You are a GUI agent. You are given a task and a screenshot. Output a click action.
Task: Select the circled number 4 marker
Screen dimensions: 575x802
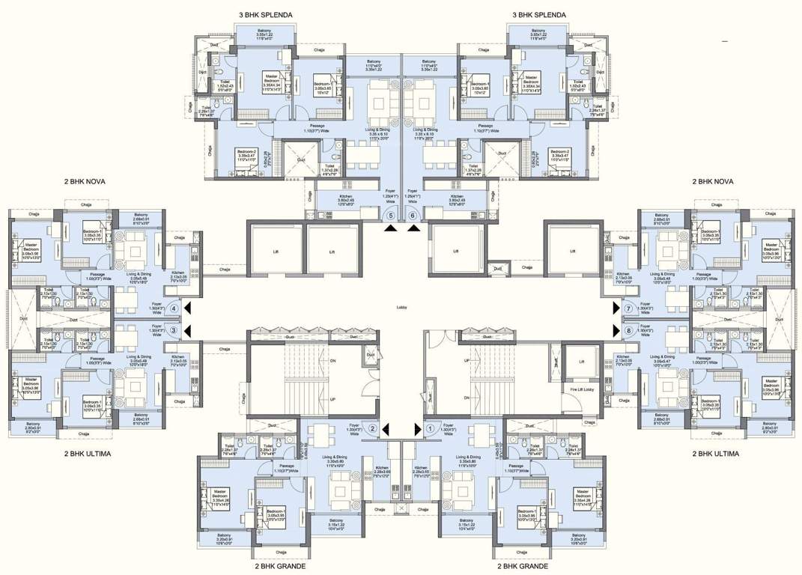(x=174, y=308)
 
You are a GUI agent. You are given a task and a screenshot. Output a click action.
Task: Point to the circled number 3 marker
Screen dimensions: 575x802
(x=174, y=330)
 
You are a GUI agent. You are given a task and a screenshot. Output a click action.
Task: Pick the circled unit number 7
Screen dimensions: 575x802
(x=628, y=308)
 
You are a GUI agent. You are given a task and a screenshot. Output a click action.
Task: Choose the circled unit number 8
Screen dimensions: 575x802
(x=628, y=330)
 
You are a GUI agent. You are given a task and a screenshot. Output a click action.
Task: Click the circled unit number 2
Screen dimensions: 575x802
(x=372, y=429)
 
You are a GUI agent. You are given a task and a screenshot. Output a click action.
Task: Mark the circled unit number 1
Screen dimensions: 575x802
(x=430, y=429)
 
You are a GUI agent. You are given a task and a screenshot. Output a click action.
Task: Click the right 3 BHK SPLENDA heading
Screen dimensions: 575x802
(x=538, y=15)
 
